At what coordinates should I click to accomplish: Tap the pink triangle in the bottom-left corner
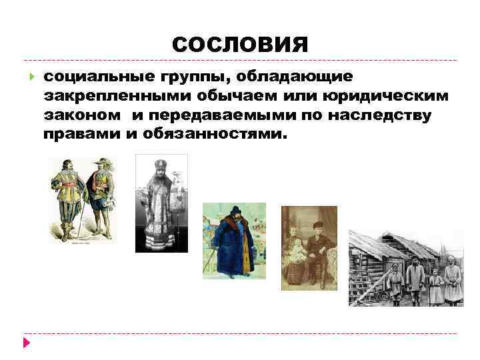click(26, 343)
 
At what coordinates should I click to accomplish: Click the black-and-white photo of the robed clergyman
click(161, 203)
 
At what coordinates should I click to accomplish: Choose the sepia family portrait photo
click(309, 247)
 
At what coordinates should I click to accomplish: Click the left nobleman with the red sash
click(66, 197)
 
